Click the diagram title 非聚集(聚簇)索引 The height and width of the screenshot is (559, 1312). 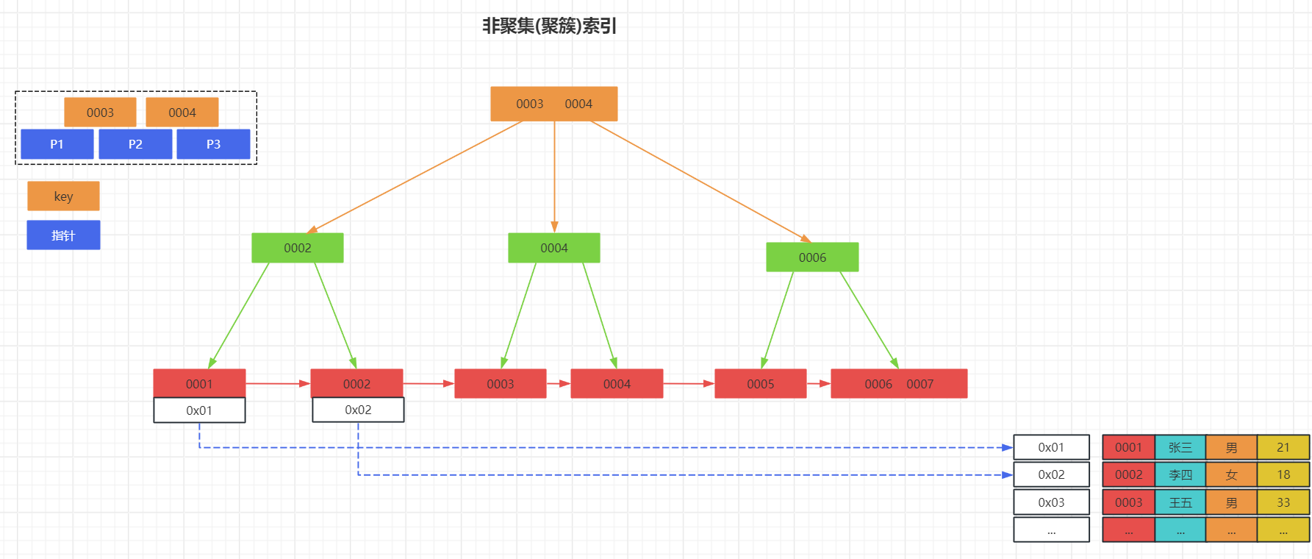pyautogui.click(x=549, y=26)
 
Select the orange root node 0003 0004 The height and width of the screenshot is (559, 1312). pyautogui.click(x=553, y=104)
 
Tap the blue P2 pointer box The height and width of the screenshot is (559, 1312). pyautogui.click(x=135, y=144)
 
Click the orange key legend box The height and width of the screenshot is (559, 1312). pyautogui.click(x=63, y=196)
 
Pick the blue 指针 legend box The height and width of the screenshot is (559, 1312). pyautogui.click(x=63, y=235)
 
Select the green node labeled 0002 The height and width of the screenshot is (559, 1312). pyautogui.click(x=297, y=248)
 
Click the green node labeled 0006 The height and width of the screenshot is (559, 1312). pyautogui.click(x=812, y=257)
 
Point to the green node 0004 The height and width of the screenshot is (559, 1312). pyautogui.click(x=553, y=248)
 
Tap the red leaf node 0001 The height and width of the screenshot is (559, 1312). pyautogui.click(x=199, y=383)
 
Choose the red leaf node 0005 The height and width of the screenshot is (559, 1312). pyautogui.click(x=760, y=383)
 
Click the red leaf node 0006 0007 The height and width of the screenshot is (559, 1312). pyautogui.click(x=898, y=383)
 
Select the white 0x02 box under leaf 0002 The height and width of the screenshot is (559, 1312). pyautogui.click(x=358, y=410)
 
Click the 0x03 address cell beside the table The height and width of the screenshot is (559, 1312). pyautogui.click(x=1051, y=502)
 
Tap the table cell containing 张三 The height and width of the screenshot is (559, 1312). pyautogui.click(x=1180, y=447)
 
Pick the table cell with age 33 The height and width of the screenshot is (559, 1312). pyautogui.click(x=1283, y=502)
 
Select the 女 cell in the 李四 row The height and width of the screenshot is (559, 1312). pyautogui.click(x=1231, y=474)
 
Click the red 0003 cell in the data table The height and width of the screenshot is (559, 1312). pyautogui.click(x=1128, y=502)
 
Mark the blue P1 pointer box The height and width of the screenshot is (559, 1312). pyautogui.click(x=57, y=144)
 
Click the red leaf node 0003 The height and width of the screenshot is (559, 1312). pyautogui.click(x=500, y=383)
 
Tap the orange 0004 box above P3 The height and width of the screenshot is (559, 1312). pyautogui.click(x=182, y=113)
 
